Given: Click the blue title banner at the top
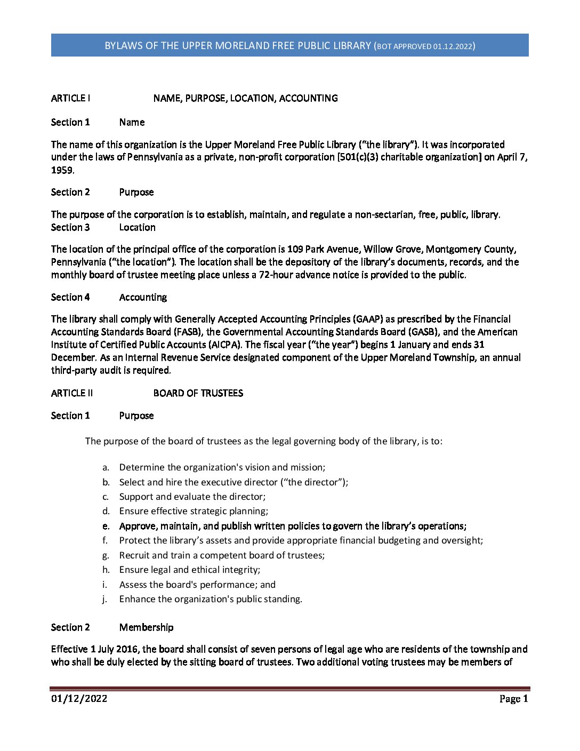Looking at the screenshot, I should (289, 45).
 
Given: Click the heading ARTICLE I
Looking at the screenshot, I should (70, 98).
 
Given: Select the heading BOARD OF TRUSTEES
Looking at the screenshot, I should (198, 393).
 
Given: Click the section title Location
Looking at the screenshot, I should (137, 227).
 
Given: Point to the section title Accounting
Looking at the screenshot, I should (143, 297).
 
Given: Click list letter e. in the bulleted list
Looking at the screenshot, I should (106, 526).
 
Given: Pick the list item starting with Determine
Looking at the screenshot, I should (222, 467).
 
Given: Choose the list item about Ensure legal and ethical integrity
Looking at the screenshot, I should (189, 570).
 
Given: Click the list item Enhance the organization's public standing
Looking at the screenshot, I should (211, 599).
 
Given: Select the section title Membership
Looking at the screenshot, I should (146, 627).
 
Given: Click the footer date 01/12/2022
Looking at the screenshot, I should (79, 699).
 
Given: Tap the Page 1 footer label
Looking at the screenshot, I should (513, 699).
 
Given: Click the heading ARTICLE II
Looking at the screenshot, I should (72, 393).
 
